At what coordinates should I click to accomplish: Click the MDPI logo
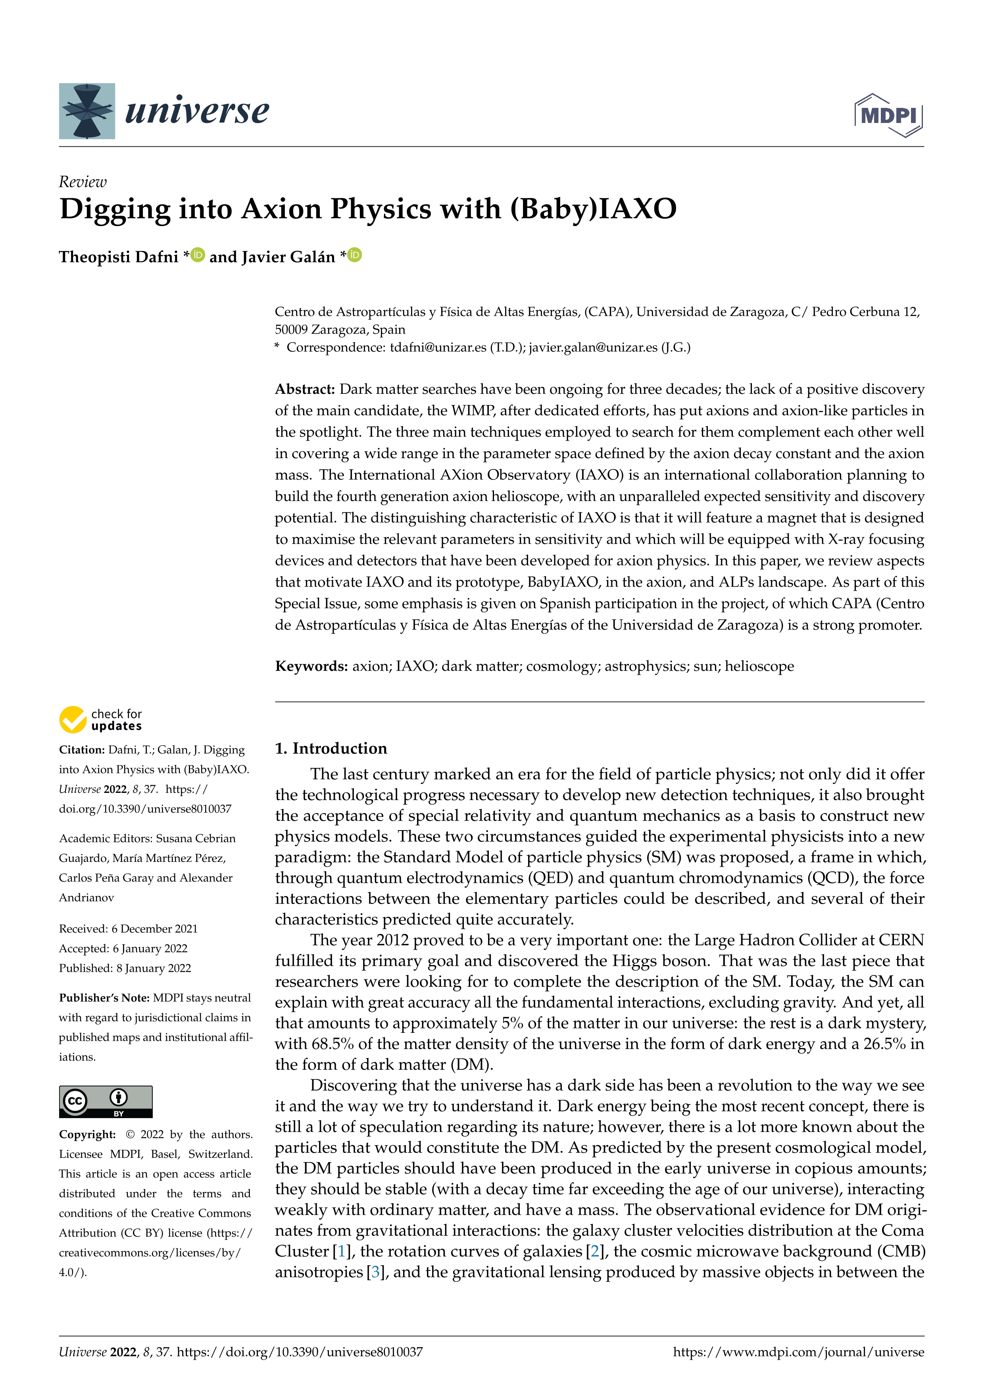[888, 115]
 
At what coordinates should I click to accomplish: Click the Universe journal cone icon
[86, 111]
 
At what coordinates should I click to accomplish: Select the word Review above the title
[83, 182]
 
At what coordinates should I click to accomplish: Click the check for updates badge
[100, 720]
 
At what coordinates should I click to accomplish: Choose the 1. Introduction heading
[331, 748]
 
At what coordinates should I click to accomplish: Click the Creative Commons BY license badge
[106, 1101]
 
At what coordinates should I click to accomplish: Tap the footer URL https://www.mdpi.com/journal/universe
[799, 1352]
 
